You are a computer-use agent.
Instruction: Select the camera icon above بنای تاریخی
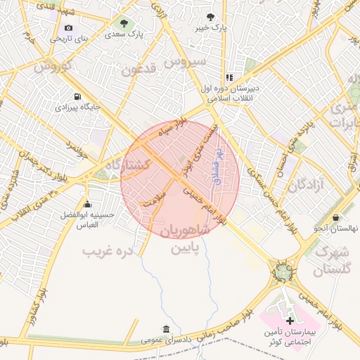click(68, 27)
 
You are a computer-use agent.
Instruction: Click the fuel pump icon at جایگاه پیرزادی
click(76, 96)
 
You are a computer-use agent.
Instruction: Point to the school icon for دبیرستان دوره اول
click(229, 78)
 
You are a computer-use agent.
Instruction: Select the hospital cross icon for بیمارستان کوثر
click(290, 320)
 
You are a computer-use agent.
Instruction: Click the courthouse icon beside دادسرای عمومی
click(165, 329)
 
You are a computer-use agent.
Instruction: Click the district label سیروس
click(186, 63)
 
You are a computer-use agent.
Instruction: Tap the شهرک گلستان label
click(333, 260)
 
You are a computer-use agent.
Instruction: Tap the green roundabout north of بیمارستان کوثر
click(283, 270)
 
